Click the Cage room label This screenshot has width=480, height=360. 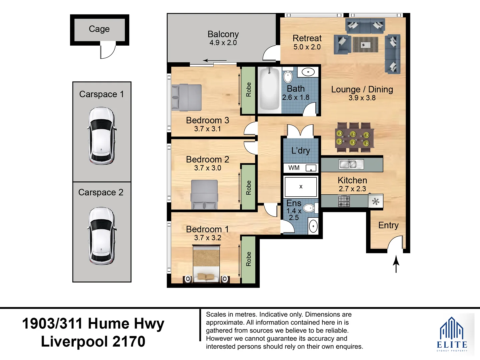99,29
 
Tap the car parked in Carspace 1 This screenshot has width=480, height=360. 102,136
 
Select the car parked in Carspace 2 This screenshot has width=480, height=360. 102,236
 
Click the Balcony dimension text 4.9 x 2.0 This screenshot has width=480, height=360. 223,43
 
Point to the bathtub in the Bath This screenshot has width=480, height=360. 270,89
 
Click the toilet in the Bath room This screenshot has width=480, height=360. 288,75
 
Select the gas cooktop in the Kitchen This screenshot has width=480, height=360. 344,201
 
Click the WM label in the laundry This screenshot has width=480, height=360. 294,168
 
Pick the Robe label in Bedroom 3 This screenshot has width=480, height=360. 249,90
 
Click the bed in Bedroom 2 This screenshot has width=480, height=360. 204,194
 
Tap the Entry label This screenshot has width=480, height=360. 388,225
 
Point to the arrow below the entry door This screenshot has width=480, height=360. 396,264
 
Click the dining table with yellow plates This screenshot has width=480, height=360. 354,137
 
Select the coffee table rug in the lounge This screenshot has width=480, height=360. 365,45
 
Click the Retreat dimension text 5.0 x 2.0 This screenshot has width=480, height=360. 307,47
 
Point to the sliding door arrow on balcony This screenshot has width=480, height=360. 215,60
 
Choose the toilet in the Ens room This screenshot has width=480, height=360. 310,208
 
